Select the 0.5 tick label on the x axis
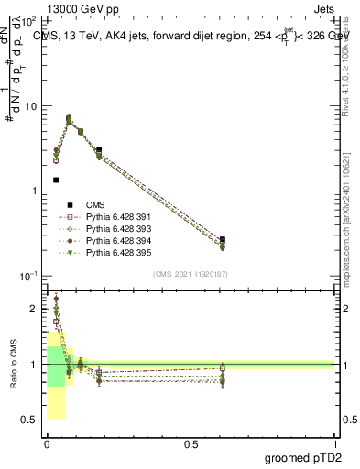pos(191,444)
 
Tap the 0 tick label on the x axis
pos(47,444)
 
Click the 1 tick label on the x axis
pos(335,444)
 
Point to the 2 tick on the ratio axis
pos(35,309)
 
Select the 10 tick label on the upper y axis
pos(30,107)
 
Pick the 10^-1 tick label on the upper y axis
pos(29,276)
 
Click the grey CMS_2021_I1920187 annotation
pos(191,272)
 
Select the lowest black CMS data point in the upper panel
pos(56,180)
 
